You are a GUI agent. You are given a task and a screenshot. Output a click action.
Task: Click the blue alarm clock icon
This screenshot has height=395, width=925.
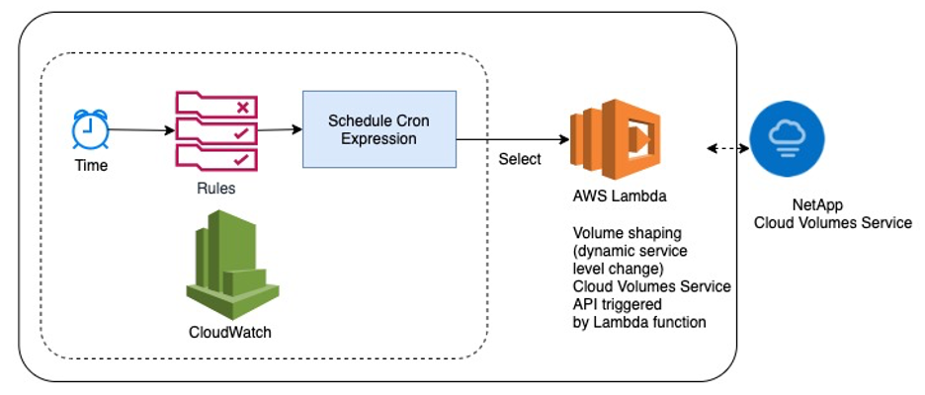[x=89, y=129]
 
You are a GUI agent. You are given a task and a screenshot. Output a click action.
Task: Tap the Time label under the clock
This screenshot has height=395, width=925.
[x=91, y=165]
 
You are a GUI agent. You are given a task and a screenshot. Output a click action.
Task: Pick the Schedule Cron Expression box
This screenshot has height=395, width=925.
[x=378, y=128]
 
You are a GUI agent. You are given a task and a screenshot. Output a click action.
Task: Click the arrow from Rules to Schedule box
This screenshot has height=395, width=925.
[x=280, y=129]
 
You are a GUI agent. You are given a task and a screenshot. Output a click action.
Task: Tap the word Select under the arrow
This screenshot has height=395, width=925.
[x=520, y=160]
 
